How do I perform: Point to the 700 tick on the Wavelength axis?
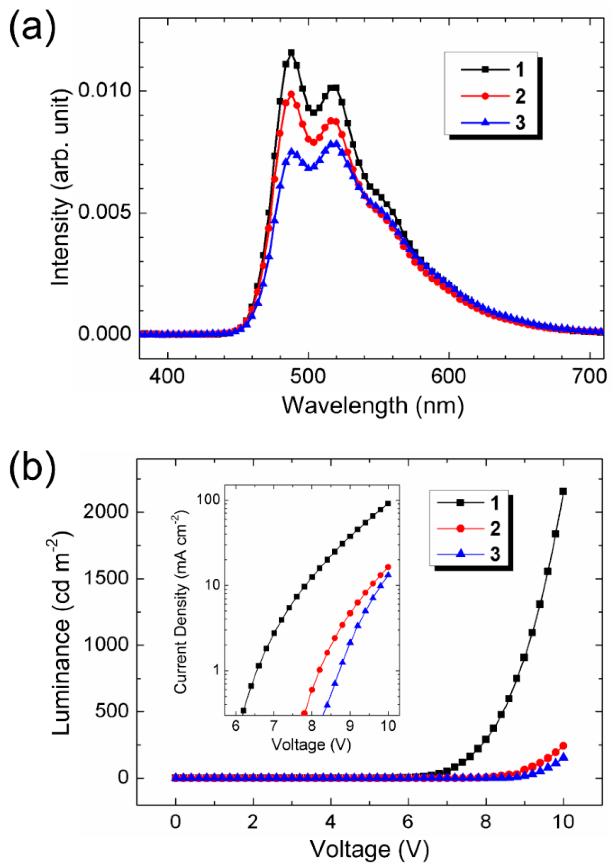[589, 376]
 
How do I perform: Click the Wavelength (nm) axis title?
[373, 406]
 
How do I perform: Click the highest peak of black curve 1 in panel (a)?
[291, 52]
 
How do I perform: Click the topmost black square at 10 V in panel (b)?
[563, 491]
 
